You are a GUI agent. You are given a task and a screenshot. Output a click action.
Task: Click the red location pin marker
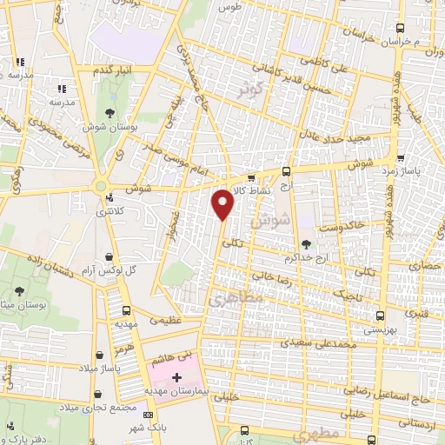pyautogui.click(x=224, y=203)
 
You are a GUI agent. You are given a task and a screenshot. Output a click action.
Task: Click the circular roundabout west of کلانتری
pyautogui.click(x=103, y=184)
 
